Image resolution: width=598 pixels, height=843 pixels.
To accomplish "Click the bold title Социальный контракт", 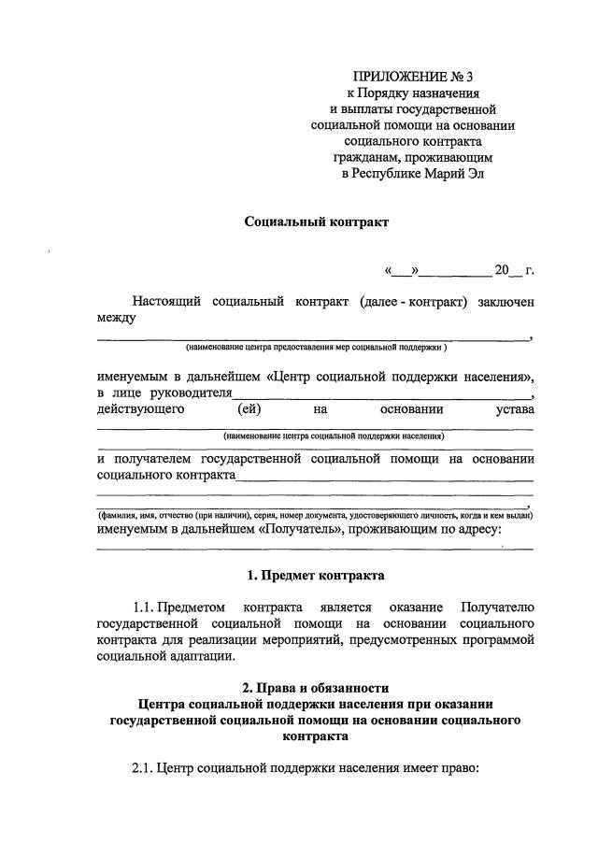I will click(x=315, y=222).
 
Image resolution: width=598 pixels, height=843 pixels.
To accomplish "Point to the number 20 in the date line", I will click(x=503, y=271).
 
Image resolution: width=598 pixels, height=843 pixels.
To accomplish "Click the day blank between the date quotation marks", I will click(x=400, y=272).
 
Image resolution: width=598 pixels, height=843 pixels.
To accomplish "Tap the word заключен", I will click(x=505, y=303).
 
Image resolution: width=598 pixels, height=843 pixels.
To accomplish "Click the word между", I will click(x=117, y=319).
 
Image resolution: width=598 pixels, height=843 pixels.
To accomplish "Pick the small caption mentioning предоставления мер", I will click(x=316, y=348).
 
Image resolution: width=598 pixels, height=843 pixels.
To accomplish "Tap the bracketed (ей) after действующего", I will click(x=249, y=408).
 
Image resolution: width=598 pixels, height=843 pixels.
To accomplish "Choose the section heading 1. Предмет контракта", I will click(x=315, y=574).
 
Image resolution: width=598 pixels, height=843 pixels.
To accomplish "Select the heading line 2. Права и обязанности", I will click(x=315, y=688).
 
